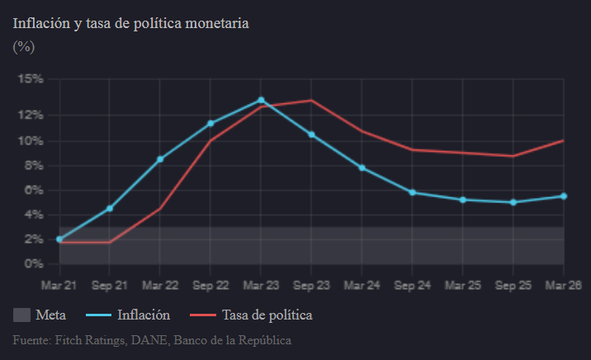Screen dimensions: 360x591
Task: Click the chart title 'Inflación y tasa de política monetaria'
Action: pyautogui.click(x=130, y=23)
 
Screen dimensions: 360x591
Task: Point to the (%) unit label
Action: pyautogui.click(x=23, y=47)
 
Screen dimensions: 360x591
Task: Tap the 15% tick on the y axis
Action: pyautogui.click(x=31, y=79)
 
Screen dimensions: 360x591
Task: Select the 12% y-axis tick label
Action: pyautogui.click(x=31, y=115)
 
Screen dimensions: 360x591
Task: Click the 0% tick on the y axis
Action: pyautogui.click(x=34, y=264)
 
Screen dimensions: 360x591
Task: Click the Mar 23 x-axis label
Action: pyautogui.click(x=261, y=286)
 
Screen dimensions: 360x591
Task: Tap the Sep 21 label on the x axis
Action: pyautogui.click(x=110, y=286)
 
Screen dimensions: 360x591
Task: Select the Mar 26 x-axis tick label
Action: pyautogui.click(x=563, y=286)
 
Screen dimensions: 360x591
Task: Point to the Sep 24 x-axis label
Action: pyautogui.click(x=412, y=286)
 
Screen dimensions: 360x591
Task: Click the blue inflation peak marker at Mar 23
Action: pyautogui.click(x=261, y=100)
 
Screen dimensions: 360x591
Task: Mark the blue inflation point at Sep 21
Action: pyautogui.click(x=110, y=208)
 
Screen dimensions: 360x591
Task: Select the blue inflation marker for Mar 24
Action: pyautogui.click(x=362, y=168)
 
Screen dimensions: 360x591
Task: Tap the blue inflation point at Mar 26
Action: pyautogui.click(x=563, y=196)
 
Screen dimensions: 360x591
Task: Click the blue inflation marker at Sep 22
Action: pyautogui.click(x=210, y=123)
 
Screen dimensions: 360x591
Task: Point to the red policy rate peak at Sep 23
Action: pyautogui.click(x=311, y=101)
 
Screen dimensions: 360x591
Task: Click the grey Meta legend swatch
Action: pyautogui.click(x=22, y=315)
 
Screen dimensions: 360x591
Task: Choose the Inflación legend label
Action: pyautogui.click(x=144, y=315)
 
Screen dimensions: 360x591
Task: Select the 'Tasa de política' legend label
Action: pyautogui.click(x=267, y=315)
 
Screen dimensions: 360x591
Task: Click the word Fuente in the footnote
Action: pyautogui.click(x=31, y=339)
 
